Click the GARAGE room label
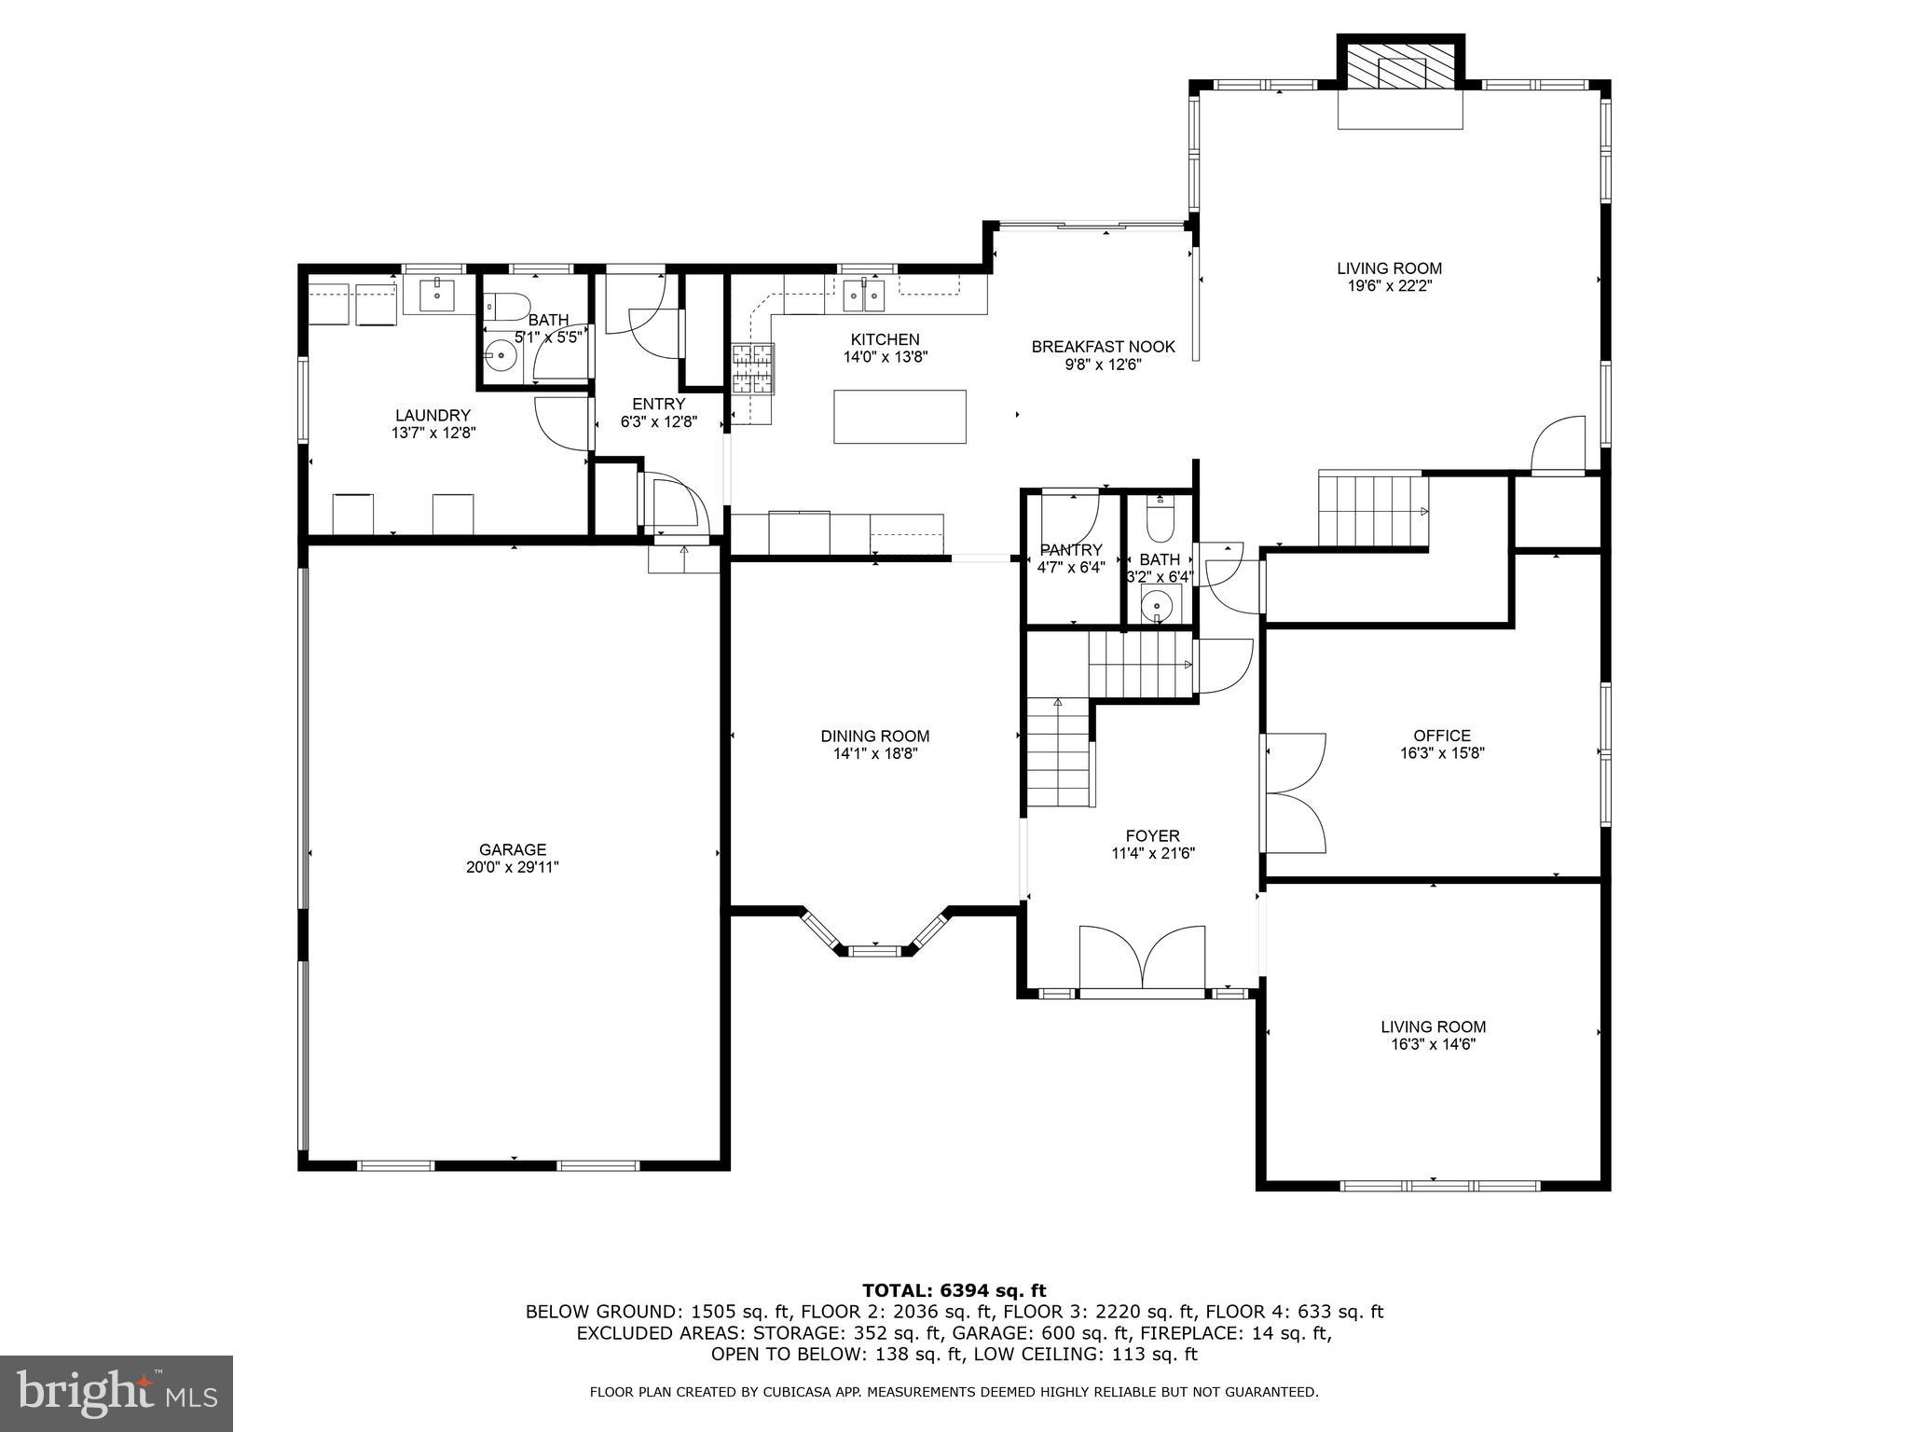pyautogui.click(x=513, y=849)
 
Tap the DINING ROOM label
pyautogui.click(x=874, y=737)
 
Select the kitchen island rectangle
pyautogui.click(x=900, y=417)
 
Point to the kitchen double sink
pyautogui.click(x=863, y=296)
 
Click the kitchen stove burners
pyautogui.click(x=752, y=368)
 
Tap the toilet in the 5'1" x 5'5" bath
pyautogui.click(x=508, y=307)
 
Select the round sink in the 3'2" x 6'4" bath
pyautogui.click(x=1157, y=604)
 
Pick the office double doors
pyautogui.click(x=1294, y=792)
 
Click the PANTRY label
pyautogui.click(x=1071, y=550)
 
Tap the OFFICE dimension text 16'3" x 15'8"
pyautogui.click(x=1441, y=753)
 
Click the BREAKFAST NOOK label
pyautogui.click(x=1103, y=347)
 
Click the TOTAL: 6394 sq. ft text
pyautogui.click(x=954, y=1291)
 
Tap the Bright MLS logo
pyautogui.click(x=117, y=1394)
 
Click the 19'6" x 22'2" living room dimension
pyautogui.click(x=1389, y=286)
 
